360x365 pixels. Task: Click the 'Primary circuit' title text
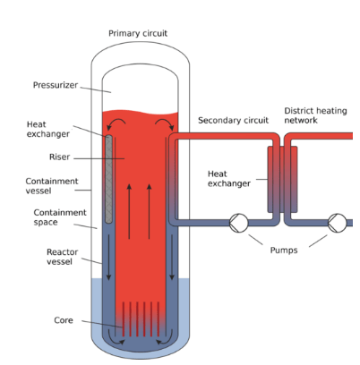138,33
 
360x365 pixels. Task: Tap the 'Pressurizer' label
56,85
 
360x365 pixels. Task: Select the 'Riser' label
59,157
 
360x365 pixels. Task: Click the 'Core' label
64,320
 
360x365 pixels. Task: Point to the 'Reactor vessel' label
62,257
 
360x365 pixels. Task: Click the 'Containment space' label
60,217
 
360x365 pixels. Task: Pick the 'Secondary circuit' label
233,121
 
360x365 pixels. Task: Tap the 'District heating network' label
315,115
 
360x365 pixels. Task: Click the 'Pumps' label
284,250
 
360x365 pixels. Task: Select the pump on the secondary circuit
238,223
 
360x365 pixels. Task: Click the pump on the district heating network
338,223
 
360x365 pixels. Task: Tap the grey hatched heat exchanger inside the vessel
109,179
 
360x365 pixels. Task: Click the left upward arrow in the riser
129,211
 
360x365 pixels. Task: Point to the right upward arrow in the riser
150,211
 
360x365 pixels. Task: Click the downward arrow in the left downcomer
108,257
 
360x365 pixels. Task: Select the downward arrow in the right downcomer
172,257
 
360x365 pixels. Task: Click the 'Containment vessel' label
52,186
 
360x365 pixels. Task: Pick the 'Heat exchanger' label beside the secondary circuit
229,179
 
